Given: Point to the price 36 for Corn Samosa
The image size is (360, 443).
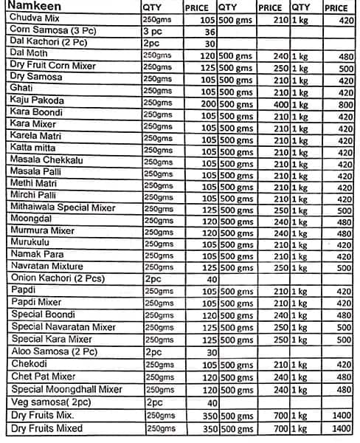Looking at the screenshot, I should click(209, 32).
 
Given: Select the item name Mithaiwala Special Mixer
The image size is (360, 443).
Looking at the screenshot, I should click(63, 208).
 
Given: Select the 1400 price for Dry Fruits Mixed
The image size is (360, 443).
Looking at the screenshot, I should click(339, 428).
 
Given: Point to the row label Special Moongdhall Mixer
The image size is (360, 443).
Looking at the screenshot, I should click(65, 389).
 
